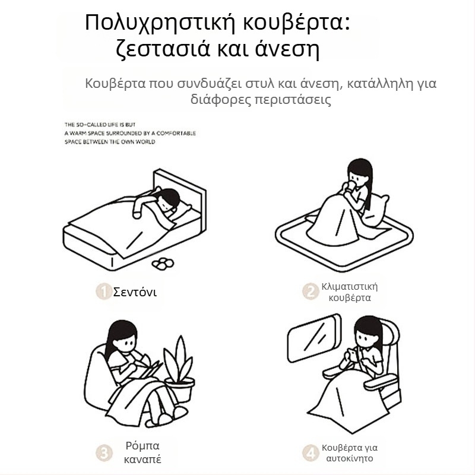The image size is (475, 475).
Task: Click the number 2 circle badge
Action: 309,291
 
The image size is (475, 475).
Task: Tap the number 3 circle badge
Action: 104,453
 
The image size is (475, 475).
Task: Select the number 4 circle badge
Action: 309,453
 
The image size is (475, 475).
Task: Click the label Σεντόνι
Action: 135,292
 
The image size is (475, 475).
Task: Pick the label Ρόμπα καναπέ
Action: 143,453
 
